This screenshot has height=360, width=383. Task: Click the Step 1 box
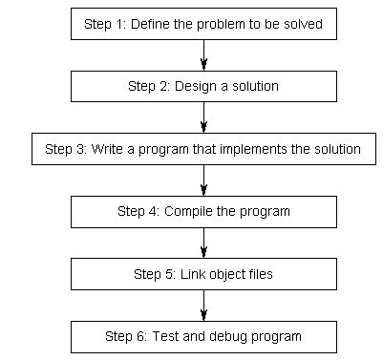[204, 24]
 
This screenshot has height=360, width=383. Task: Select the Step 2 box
[204, 86]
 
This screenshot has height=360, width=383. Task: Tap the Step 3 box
[204, 149]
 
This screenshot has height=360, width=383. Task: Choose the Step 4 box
[204, 211]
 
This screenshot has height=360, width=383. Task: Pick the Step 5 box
[204, 274]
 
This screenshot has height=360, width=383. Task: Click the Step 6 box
[204, 336]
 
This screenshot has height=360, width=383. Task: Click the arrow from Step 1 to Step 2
[204, 55]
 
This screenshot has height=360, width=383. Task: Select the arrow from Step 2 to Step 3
[204, 117]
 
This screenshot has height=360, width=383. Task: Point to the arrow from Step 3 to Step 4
[204, 180]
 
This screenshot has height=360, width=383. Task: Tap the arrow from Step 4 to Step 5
[204, 243]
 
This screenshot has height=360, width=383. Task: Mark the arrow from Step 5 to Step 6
[204, 306]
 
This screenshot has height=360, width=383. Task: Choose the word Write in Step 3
[108, 149]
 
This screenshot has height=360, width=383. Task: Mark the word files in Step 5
[260, 274]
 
